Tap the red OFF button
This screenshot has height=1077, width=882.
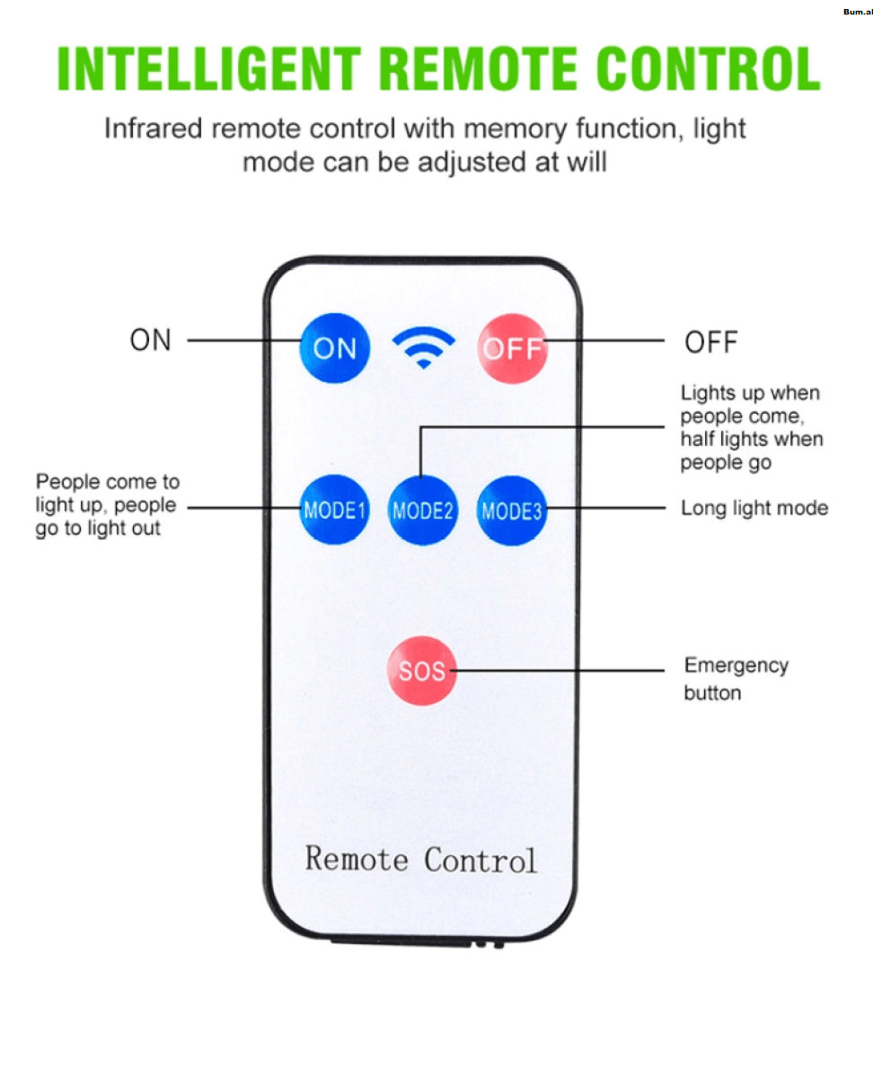[x=512, y=347]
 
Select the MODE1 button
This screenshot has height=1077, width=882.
[x=334, y=510]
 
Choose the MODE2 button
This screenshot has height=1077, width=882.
[x=422, y=511]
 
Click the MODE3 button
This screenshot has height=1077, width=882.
[x=511, y=511]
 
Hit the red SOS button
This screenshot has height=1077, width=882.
[x=421, y=670]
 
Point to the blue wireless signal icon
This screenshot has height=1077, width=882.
[x=423, y=348]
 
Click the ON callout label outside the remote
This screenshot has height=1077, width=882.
[x=150, y=340]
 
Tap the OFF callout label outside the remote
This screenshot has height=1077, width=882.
[x=710, y=342]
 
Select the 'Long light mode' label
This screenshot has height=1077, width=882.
[x=754, y=508]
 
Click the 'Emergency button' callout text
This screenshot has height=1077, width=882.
[x=736, y=679]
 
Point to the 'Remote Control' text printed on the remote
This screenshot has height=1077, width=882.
[x=421, y=859]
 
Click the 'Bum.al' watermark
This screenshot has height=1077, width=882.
[x=857, y=12]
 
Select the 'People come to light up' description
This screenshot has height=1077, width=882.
[x=107, y=504]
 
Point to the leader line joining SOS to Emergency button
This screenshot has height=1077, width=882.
[x=566, y=670]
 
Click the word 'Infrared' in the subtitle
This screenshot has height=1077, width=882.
[x=154, y=128]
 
